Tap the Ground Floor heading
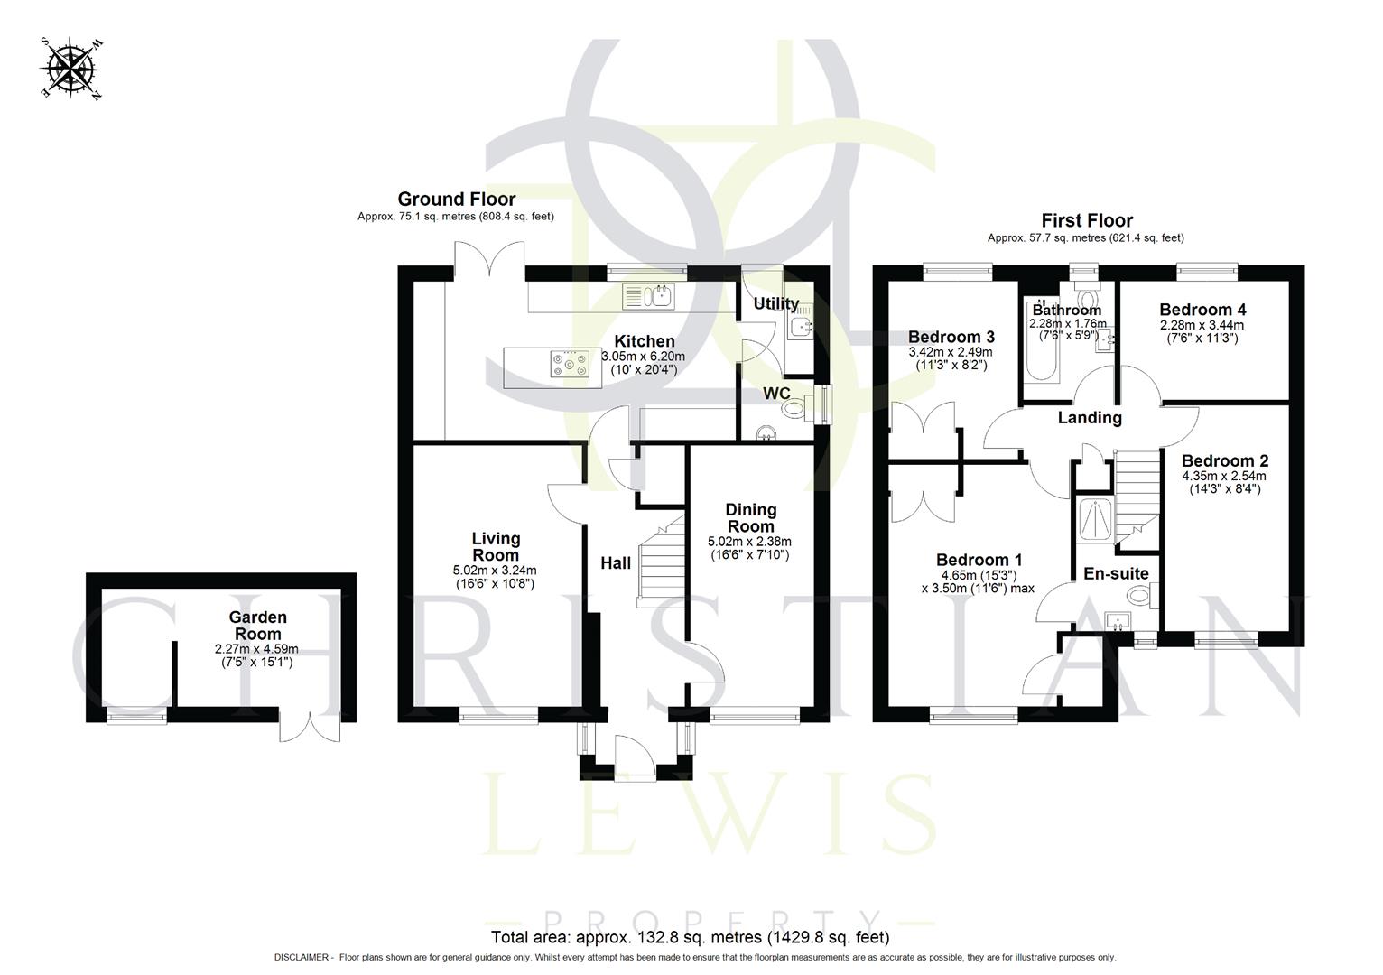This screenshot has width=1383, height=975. [456, 200]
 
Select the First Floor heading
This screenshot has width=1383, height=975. [1086, 220]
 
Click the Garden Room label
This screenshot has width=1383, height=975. [257, 626]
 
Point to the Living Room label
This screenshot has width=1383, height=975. [496, 547]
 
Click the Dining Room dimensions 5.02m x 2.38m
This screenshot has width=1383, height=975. [749, 542]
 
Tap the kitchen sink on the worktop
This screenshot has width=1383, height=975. [649, 295]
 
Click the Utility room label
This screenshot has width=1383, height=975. [775, 303]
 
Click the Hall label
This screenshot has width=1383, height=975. [616, 563]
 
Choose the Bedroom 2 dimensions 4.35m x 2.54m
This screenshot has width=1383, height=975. [1223, 476]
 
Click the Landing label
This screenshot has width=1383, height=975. [1090, 418]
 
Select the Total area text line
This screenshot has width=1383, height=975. [690, 937]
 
